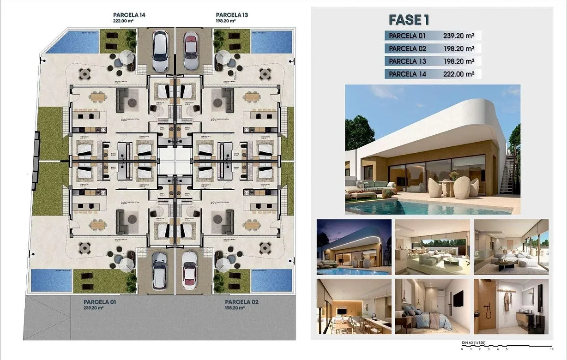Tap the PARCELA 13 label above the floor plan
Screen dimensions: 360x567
(x=232, y=15)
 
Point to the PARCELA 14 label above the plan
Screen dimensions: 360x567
(x=129, y=15)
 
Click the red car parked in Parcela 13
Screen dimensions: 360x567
(x=190, y=50)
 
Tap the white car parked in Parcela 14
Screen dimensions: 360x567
(x=160, y=50)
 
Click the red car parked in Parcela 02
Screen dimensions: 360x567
(x=189, y=270)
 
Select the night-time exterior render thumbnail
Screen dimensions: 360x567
(x=354, y=247)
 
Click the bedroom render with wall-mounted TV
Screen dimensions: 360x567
(x=432, y=306)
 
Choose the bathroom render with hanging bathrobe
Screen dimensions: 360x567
(x=511, y=306)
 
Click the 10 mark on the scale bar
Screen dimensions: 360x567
(x=552, y=349)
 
